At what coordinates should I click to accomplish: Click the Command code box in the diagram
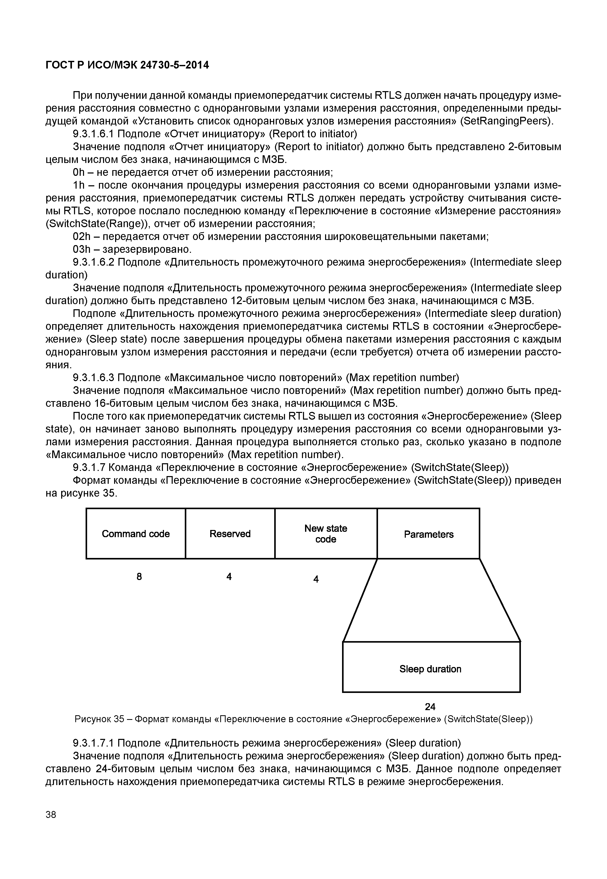(x=136, y=534)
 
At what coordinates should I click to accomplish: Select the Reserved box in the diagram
(x=230, y=534)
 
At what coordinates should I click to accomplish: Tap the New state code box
(x=326, y=534)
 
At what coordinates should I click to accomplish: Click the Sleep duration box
(x=431, y=669)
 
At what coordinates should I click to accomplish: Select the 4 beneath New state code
(x=316, y=579)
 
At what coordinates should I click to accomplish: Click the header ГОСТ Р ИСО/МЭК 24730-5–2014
(x=127, y=65)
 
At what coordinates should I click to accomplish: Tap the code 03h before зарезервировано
(x=81, y=249)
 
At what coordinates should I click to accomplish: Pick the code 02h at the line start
(x=81, y=237)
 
